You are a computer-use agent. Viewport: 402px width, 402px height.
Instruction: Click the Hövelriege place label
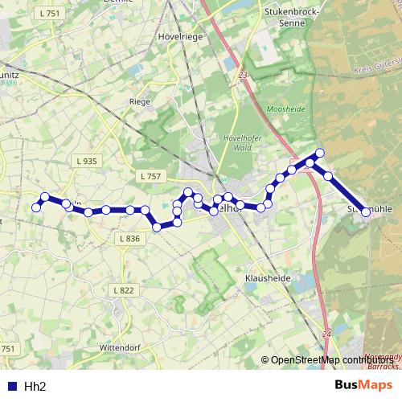(x=183, y=37)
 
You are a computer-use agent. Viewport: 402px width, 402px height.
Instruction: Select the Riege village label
(x=140, y=102)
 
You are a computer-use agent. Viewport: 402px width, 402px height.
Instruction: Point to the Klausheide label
(x=261, y=281)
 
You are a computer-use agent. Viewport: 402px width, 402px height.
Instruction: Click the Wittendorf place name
(x=120, y=347)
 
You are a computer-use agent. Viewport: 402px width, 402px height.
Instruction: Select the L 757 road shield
(x=150, y=176)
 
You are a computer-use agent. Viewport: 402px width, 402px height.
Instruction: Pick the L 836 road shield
(x=129, y=239)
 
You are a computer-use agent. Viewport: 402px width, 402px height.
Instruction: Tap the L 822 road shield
(x=124, y=290)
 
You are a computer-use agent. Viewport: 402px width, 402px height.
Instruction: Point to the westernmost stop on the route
(x=35, y=207)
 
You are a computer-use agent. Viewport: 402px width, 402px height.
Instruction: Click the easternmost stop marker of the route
(x=366, y=212)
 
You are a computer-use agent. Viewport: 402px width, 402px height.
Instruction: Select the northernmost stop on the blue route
(x=319, y=153)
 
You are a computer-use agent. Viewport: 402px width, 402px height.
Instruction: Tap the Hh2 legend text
(x=35, y=386)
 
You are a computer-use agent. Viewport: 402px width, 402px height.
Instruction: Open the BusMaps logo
(x=363, y=385)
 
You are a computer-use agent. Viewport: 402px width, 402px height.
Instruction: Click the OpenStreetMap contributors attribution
(x=331, y=360)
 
